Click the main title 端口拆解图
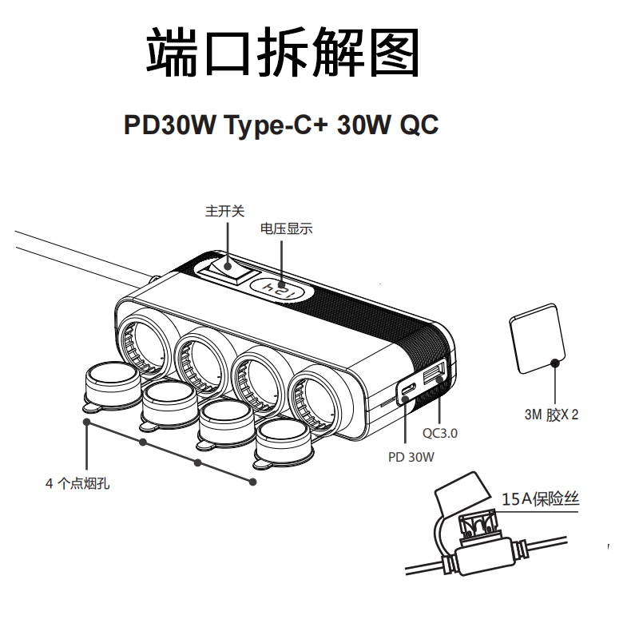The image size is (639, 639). [x=283, y=54]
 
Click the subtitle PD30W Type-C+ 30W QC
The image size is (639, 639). [x=281, y=126]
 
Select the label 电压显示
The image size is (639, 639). [x=286, y=229]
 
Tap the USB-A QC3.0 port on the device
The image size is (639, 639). [x=434, y=376]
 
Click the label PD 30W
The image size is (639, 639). [x=411, y=458]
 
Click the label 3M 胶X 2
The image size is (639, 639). [x=550, y=415]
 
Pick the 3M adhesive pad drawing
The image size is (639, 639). [x=538, y=338]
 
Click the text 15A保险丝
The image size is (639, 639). [x=540, y=500]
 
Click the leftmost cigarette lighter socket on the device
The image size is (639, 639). [x=143, y=339]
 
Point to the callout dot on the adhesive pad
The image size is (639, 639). [x=555, y=363]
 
